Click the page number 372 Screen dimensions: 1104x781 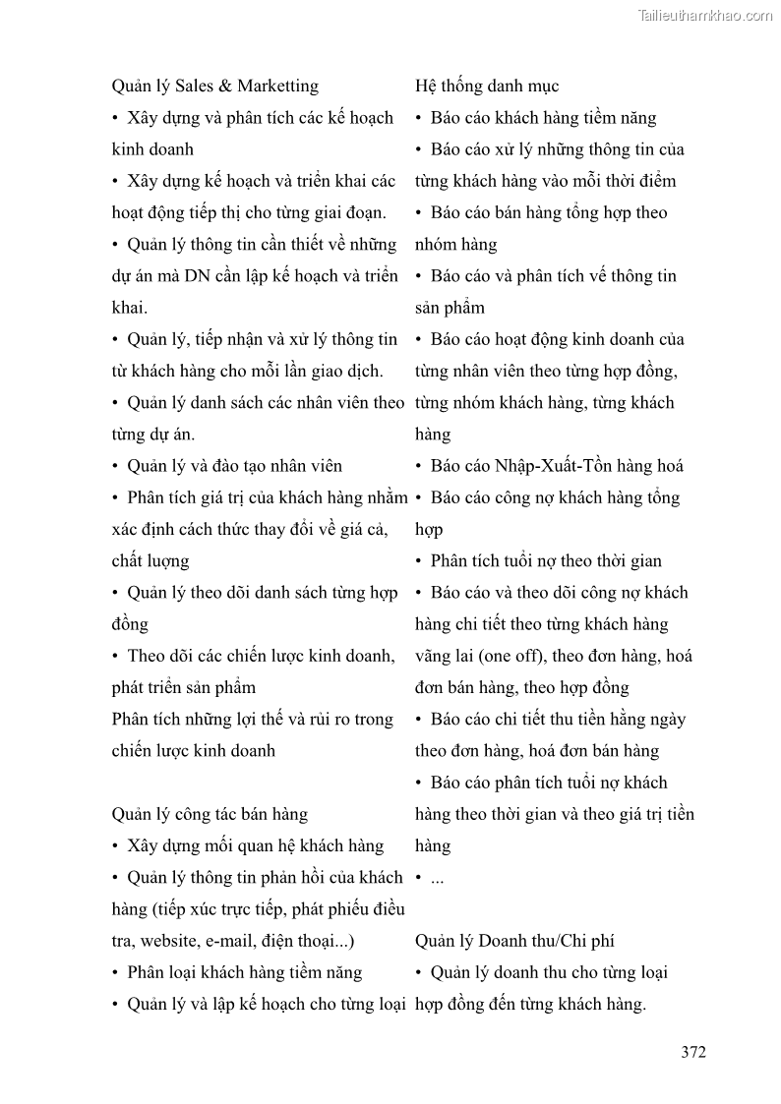pos(692,1052)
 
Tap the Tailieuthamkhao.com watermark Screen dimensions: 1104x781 pos(705,15)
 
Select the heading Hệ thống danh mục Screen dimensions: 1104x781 pos(487,87)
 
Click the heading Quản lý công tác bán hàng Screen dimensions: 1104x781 pos(210,814)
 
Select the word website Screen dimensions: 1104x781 pos(168,941)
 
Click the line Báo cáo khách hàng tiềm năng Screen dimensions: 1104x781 pos(543,118)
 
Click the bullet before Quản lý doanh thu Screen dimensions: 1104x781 pos(420,973)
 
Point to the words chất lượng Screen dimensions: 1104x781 pos(150,561)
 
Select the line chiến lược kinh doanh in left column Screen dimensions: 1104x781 pos(194,751)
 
